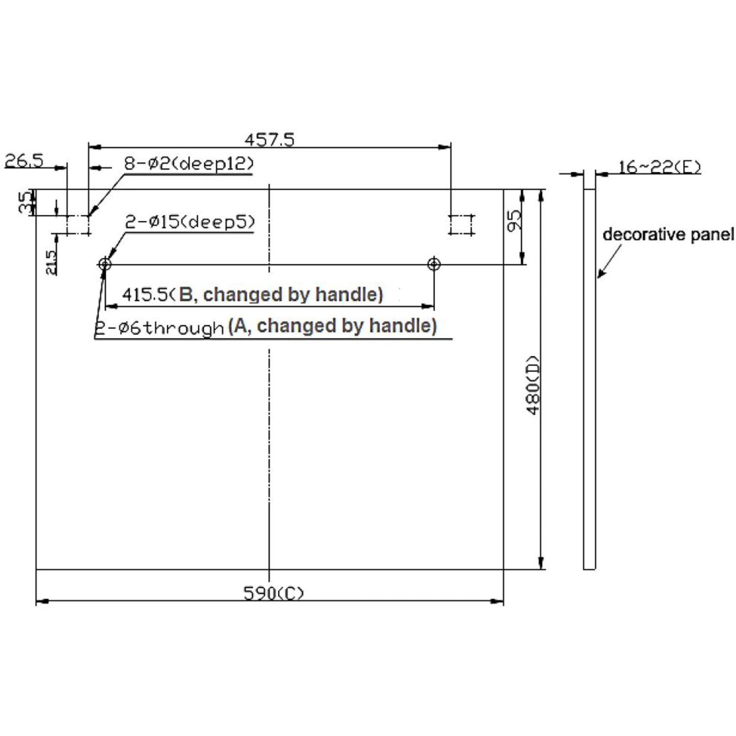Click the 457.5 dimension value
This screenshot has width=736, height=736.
[269, 139]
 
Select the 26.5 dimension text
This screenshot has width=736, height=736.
[24, 160]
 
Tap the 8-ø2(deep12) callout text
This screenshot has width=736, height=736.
[189, 163]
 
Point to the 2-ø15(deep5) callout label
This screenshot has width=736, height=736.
[190, 222]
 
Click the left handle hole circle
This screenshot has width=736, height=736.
[105, 264]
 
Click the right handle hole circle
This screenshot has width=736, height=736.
[434, 264]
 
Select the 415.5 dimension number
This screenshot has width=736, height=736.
[145, 295]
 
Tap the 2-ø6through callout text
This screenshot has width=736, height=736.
[159, 328]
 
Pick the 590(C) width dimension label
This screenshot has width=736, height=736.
[274, 593]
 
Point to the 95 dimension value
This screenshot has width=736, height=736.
[514, 221]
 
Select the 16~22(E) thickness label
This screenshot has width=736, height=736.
[659, 167]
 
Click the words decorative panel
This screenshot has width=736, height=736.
[668, 235]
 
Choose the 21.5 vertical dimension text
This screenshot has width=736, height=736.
[51, 263]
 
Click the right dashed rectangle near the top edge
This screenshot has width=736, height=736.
[462, 225]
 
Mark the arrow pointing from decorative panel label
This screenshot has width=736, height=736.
[609, 261]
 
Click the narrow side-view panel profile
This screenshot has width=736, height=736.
[589, 379]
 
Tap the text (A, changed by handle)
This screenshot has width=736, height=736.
[332, 326]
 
